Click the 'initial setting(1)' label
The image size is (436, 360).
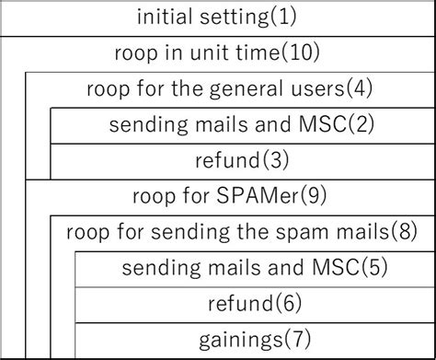[x=217, y=17]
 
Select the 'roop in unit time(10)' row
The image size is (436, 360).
[x=217, y=53]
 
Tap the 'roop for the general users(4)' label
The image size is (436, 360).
[x=229, y=90]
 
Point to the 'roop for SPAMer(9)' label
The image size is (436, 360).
[x=229, y=196]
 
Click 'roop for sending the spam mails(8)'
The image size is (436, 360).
[x=242, y=232]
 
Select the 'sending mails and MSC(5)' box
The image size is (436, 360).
[x=255, y=268]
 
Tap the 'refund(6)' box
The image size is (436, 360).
[x=255, y=303]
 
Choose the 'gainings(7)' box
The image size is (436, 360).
[x=255, y=338]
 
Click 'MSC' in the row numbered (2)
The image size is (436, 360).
[x=321, y=125]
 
